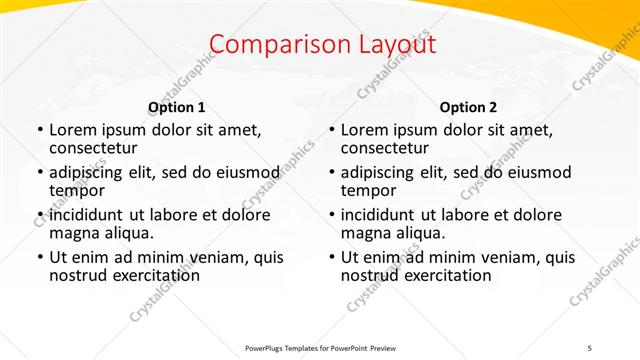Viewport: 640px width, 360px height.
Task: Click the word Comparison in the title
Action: [270, 45]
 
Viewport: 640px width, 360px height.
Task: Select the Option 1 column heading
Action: [177, 107]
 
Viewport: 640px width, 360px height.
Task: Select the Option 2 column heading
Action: [469, 107]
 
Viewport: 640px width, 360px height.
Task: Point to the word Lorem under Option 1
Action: [73, 130]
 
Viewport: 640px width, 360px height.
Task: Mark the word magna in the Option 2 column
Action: [366, 233]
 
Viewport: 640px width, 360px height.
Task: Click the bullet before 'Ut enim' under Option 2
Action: [331, 257]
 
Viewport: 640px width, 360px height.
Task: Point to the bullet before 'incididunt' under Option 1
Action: [39, 215]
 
